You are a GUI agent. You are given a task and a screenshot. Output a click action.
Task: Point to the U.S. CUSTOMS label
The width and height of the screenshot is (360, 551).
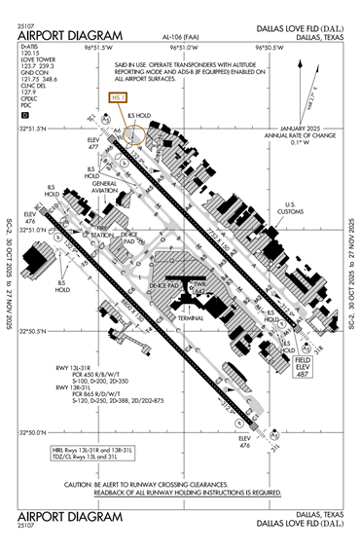(293, 207)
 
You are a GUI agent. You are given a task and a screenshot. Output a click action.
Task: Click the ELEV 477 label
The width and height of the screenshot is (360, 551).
(93, 142)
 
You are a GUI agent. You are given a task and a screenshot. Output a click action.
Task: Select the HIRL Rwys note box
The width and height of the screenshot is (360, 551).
(92, 453)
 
